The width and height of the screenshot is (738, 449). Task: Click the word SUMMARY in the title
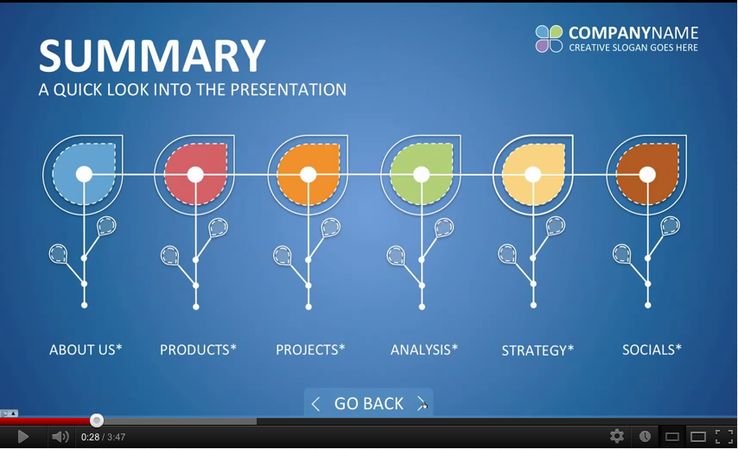coord(152,55)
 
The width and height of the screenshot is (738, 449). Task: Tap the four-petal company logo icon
coord(549,39)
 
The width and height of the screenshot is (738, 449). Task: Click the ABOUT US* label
coord(86,350)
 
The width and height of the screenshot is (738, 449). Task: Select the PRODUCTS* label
coord(198,350)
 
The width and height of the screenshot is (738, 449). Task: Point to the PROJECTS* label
coord(310,350)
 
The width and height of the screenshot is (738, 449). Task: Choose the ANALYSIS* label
coord(424,350)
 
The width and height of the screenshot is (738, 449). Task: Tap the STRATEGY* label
coord(538,350)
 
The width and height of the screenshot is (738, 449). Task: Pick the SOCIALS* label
coord(652,350)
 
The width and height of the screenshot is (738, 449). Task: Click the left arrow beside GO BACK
coord(315,404)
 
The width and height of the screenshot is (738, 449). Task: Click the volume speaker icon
coord(60,437)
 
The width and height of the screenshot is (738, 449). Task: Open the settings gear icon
coord(616,436)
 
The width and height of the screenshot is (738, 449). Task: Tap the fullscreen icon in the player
coord(724,437)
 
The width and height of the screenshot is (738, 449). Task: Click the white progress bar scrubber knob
coord(97,420)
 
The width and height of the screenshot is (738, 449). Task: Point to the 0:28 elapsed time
coord(90,437)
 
